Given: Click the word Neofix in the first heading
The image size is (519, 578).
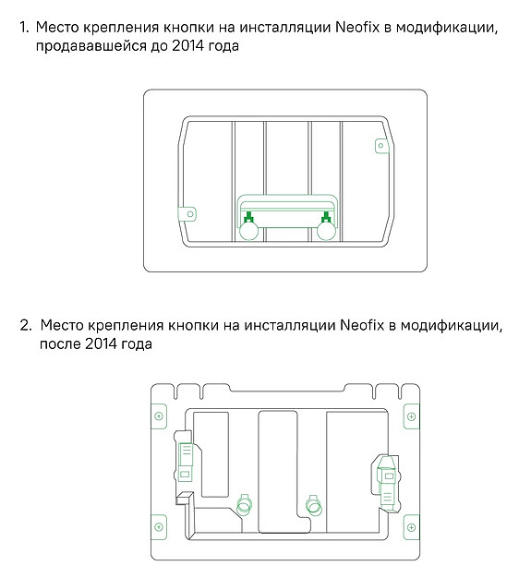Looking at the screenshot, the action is [x=357, y=28].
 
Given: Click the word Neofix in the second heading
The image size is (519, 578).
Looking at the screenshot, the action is [x=362, y=325].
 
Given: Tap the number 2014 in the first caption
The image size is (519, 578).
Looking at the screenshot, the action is [x=187, y=46].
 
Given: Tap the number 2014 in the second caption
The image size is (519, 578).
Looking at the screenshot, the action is [x=101, y=343].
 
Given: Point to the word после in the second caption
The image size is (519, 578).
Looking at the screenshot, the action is [x=60, y=344].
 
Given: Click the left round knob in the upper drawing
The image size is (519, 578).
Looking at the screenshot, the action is [x=248, y=231].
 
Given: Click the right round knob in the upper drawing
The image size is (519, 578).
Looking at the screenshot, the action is [x=327, y=231].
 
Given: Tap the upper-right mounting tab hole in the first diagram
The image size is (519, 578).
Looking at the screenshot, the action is [x=381, y=145].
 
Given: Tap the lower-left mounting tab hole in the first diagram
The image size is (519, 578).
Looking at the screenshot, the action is [x=190, y=214].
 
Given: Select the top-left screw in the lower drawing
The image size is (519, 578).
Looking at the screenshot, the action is [x=159, y=416].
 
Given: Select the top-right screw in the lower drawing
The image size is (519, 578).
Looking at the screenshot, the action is [x=411, y=416].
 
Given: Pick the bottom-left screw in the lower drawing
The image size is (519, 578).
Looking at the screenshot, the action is [x=159, y=527].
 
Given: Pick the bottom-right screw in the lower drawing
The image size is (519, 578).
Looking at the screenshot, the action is [x=411, y=527].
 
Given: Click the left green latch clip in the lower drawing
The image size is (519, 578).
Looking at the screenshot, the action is [x=185, y=462].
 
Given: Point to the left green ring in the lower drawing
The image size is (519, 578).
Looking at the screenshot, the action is [x=244, y=506].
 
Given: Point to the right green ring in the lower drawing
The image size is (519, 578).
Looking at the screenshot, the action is [x=314, y=506].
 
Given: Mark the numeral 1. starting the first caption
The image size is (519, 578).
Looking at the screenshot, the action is [x=24, y=28].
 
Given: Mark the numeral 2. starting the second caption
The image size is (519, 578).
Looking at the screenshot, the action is [x=26, y=325].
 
